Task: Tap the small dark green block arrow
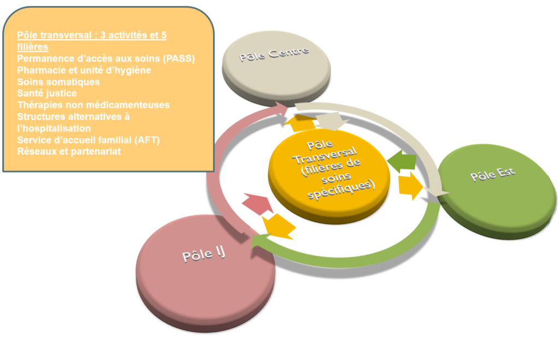[x=402, y=161]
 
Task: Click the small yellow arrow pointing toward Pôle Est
[x=410, y=186]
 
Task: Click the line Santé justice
[x=47, y=93]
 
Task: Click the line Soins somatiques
[x=58, y=81]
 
